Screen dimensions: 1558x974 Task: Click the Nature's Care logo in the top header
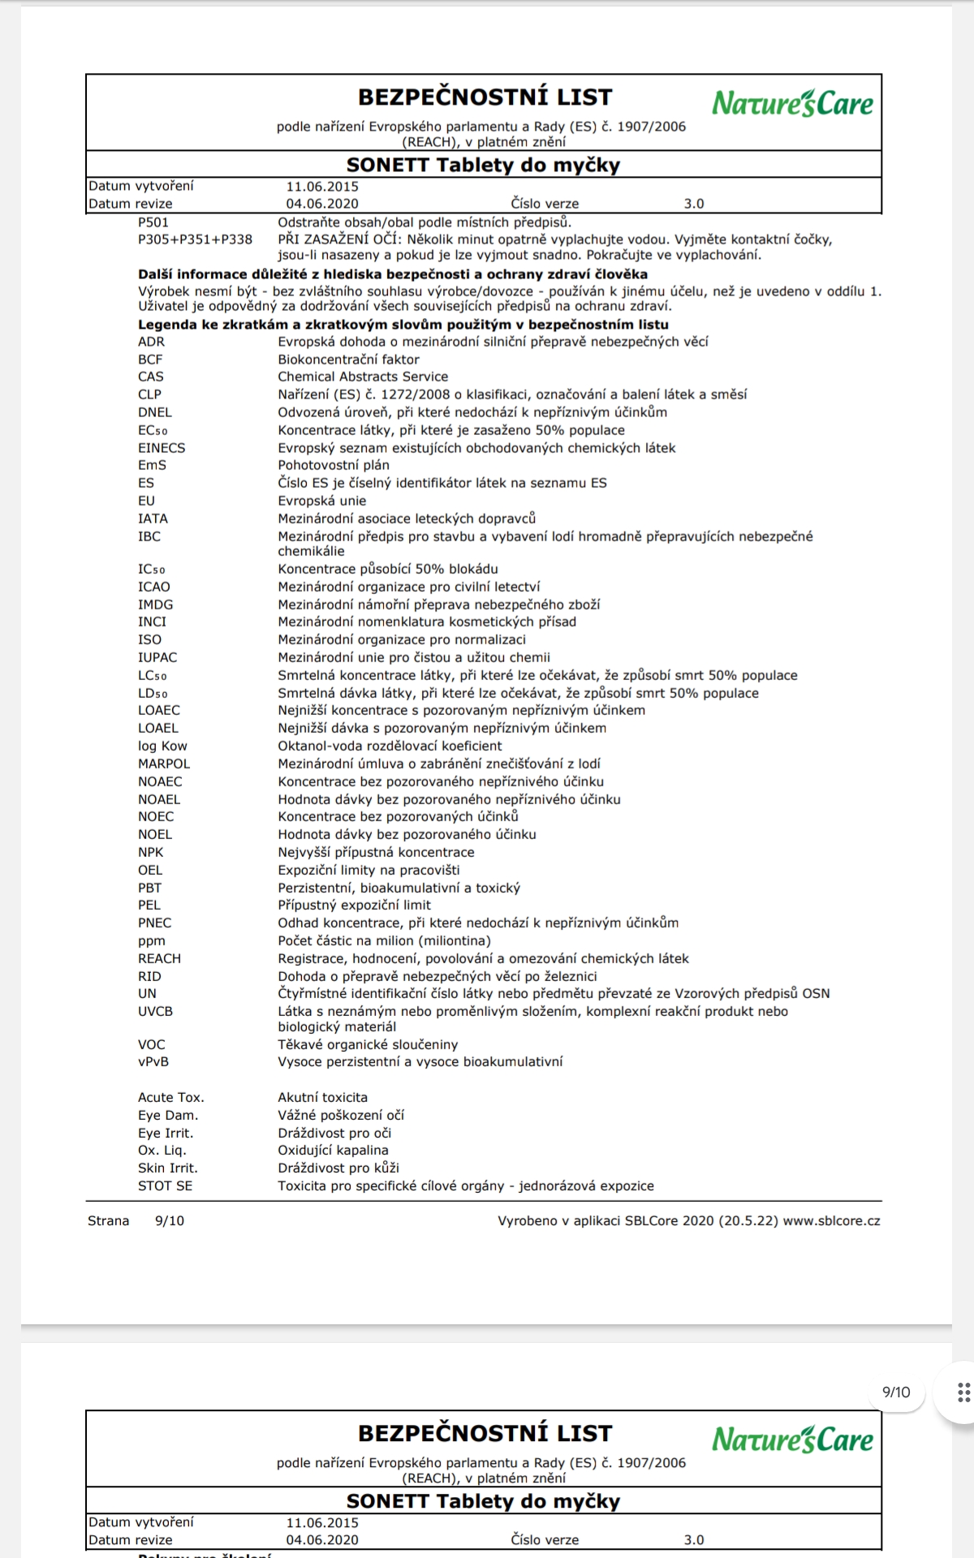coord(792,103)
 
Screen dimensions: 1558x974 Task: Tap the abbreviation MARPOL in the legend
coord(164,764)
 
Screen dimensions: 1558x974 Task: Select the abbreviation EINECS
coord(162,448)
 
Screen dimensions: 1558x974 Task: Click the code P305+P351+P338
coord(195,239)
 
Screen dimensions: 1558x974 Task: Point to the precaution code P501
coord(153,222)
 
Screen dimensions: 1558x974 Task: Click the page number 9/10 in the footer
coord(169,1220)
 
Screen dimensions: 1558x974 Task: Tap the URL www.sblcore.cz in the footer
coord(831,1220)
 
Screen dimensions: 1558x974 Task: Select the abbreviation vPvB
coord(153,1061)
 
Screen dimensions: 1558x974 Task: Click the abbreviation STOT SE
coord(165,1186)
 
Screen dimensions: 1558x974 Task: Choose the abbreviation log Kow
coord(162,746)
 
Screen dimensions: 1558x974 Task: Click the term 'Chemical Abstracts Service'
coord(363,377)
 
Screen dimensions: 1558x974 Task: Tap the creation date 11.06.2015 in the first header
coord(322,187)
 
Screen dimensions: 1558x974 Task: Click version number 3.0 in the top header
coord(694,204)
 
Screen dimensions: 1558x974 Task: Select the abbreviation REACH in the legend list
coord(159,958)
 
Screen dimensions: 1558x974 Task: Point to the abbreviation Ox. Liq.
coord(162,1150)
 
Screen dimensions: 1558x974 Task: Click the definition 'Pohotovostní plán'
coord(334,465)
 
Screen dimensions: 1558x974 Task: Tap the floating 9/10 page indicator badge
coord(896,1392)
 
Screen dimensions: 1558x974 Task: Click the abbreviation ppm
coord(151,940)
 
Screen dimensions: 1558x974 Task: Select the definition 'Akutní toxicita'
coord(322,1097)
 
